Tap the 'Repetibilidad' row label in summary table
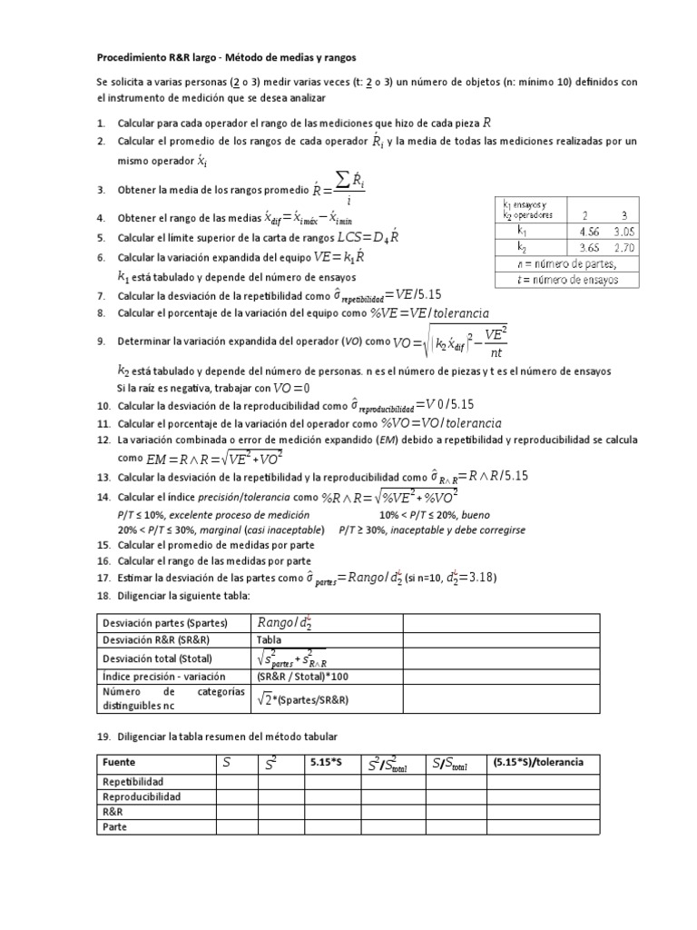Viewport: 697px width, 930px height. pos(133,781)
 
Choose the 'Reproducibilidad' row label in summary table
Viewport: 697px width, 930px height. pos(142,796)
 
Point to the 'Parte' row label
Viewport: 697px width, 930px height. pos(115,827)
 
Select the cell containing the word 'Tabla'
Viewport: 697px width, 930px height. pos(270,639)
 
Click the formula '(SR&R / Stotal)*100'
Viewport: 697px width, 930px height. pos(302,677)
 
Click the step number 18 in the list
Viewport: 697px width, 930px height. pos(103,594)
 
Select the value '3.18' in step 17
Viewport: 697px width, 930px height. pos(479,579)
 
